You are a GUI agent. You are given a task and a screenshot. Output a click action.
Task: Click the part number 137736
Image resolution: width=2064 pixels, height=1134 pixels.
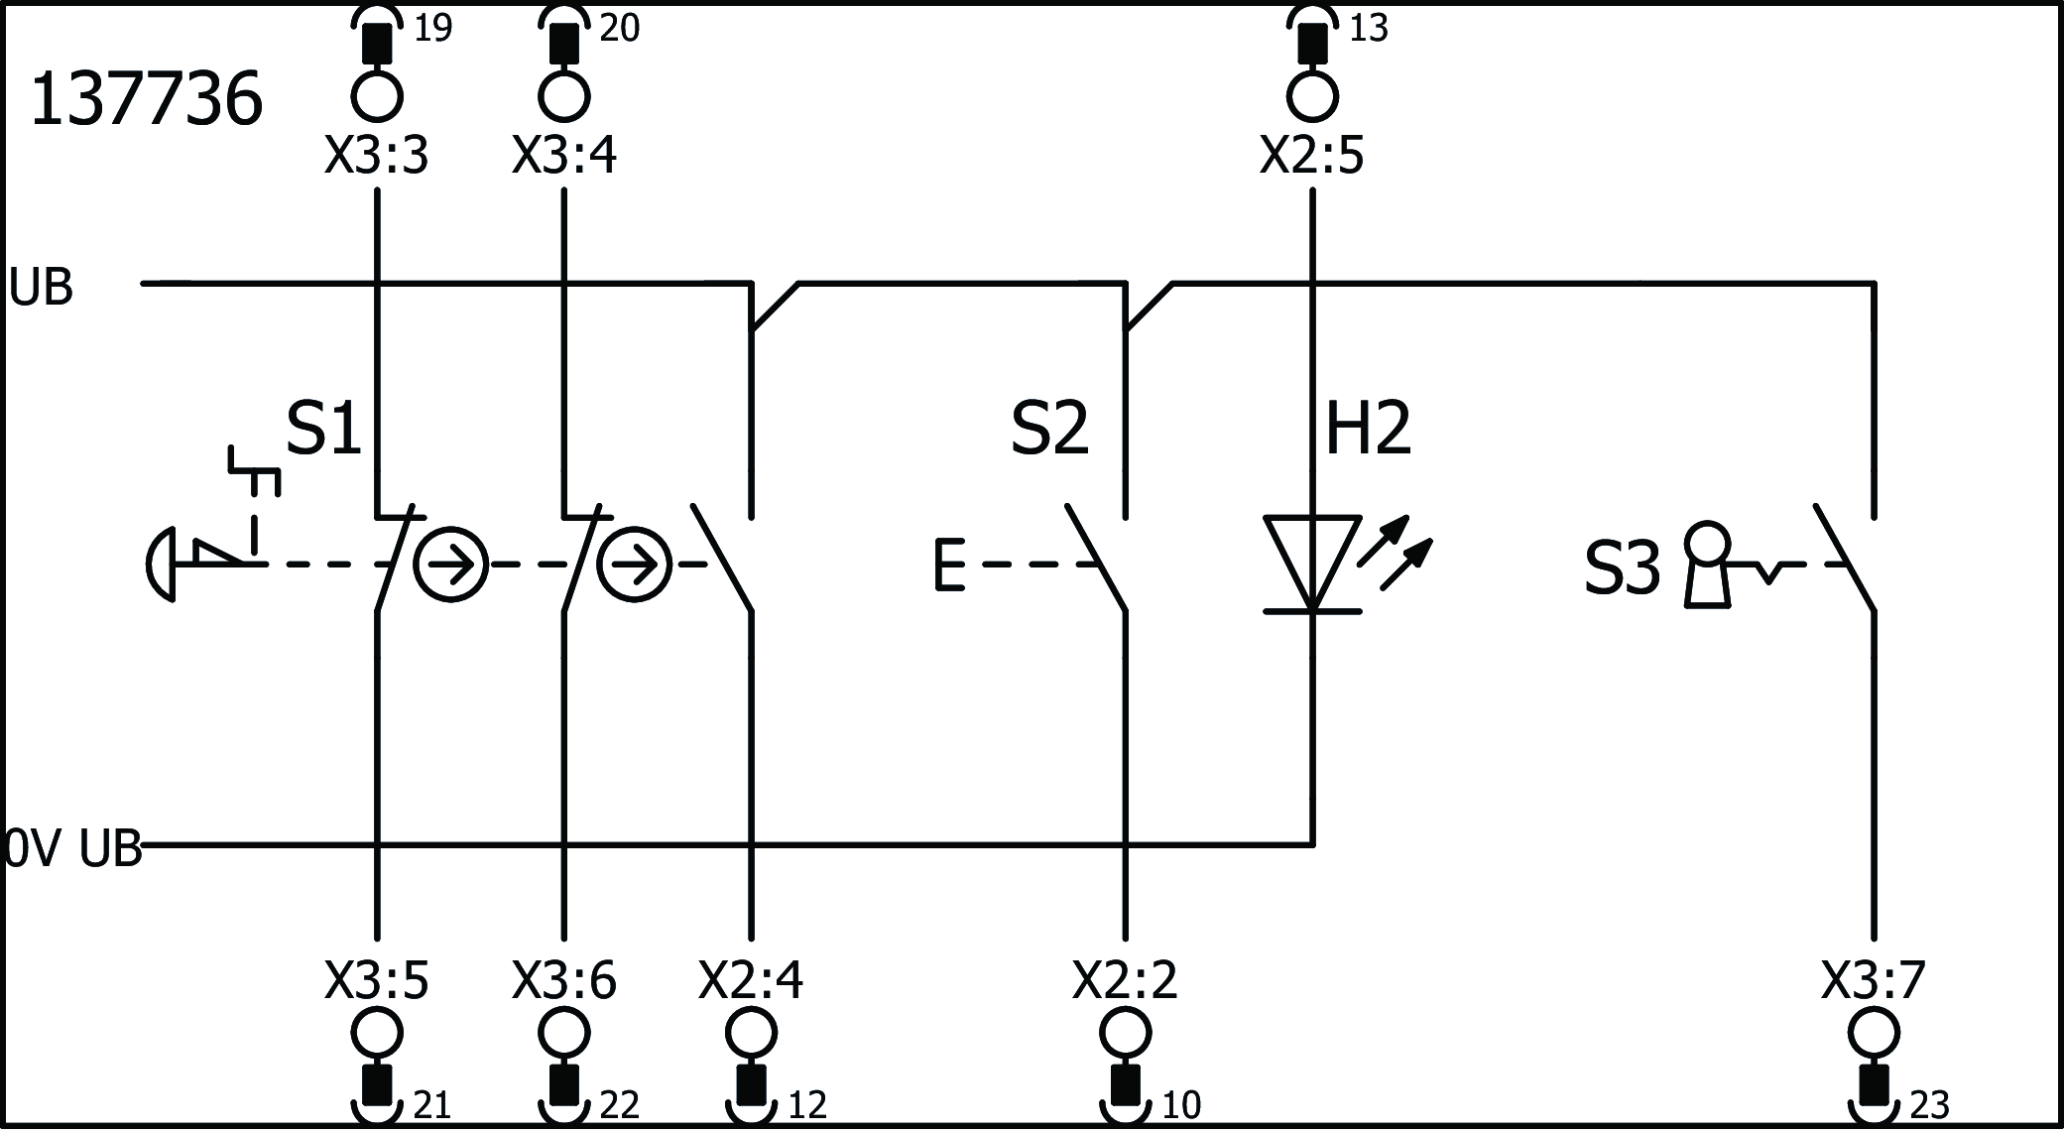point(146,100)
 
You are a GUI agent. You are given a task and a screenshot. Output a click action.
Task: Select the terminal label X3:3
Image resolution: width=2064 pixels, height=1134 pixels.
point(376,156)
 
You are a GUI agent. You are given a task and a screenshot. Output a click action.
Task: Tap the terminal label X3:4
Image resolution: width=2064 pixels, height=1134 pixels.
point(563,156)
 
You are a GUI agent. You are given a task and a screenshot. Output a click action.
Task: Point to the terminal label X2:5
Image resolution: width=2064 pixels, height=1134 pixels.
point(1311,156)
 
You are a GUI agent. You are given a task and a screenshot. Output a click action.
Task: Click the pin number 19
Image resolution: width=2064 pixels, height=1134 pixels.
point(432,29)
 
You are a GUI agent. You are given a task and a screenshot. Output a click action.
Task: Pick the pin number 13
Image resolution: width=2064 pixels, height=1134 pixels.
point(1369,29)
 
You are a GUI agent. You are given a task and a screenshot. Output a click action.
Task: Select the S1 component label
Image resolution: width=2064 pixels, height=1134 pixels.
point(324,429)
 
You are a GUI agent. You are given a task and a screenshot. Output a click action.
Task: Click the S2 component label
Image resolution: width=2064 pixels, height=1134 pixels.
point(1049,429)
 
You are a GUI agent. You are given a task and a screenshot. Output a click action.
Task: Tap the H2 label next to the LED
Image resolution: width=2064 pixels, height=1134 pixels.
point(1367,429)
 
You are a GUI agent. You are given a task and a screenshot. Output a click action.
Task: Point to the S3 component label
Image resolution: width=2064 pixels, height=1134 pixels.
point(1622,569)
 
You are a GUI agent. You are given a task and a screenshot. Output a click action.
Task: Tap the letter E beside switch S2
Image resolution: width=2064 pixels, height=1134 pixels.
point(948,565)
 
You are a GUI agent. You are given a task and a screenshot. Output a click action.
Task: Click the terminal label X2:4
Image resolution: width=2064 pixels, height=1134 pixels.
point(751,980)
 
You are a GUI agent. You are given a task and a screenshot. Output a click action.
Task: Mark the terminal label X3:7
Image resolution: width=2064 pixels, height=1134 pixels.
point(1873,980)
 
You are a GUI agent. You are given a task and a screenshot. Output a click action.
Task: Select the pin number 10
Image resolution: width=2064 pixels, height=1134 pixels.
point(1180,1104)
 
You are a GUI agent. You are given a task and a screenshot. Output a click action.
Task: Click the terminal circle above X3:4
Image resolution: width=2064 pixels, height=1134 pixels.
point(563,96)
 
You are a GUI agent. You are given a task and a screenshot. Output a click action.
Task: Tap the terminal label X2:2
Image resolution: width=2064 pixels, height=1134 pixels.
point(1125,980)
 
